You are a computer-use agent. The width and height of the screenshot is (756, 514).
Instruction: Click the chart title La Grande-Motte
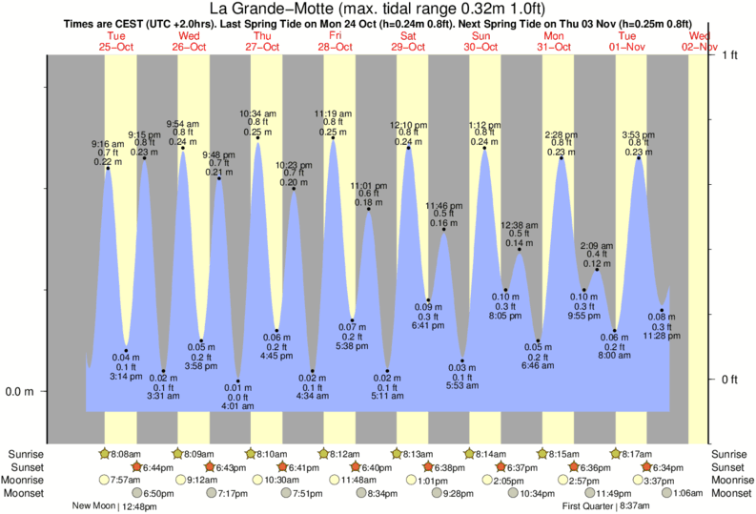tap(378, 10)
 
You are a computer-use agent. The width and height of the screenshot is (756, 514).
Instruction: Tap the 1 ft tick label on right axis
tap(730, 54)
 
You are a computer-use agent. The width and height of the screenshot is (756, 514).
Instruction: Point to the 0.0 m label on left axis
tap(20, 391)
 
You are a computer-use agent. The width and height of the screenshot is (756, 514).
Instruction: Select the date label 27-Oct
tap(261, 46)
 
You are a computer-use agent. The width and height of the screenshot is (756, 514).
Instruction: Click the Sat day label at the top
tap(408, 35)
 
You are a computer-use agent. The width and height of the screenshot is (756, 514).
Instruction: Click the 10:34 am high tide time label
tap(257, 113)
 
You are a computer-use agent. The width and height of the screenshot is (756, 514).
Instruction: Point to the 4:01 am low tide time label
tap(237, 406)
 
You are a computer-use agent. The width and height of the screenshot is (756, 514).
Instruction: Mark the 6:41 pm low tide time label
tap(428, 326)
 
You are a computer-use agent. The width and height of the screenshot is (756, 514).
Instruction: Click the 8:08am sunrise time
tap(124, 454)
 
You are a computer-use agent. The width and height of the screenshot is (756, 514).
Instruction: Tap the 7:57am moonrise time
tap(124, 480)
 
